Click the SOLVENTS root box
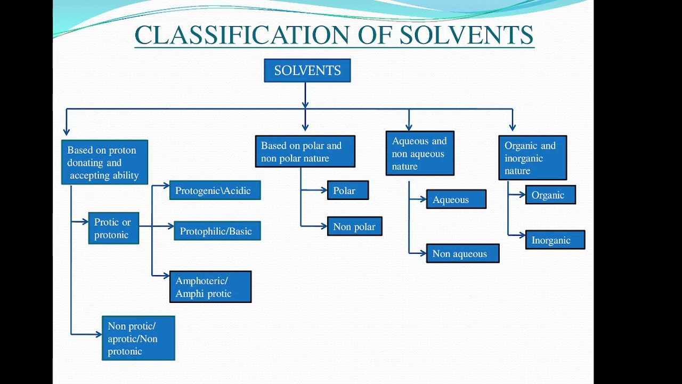point(307,70)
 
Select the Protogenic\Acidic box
point(215,190)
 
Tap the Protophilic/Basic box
point(217,231)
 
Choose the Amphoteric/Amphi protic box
point(210,287)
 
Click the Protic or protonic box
point(113,228)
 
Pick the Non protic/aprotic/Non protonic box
point(138,338)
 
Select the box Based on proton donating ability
point(104,162)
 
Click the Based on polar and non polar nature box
point(305,151)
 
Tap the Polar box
point(347,190)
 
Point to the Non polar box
point(354,227)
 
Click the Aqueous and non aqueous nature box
point(420,153)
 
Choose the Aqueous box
point(456,199)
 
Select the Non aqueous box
point(462,253)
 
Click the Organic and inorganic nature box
point(532,158)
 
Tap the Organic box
point(550,195)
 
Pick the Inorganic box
point(555,240)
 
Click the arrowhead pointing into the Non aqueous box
point(423,253)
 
